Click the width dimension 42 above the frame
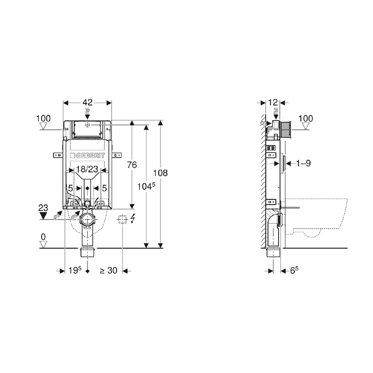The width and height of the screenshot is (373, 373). click(88, 102)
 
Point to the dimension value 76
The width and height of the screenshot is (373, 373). click(132, 165)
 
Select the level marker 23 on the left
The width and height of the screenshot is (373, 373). click(43, 208)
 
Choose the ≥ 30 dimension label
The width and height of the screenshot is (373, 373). click(108, 271)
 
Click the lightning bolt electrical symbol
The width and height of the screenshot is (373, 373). click(132, 219)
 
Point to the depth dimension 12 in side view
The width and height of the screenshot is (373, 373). click(273, 102)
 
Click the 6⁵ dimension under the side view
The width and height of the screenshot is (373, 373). click(294, 271)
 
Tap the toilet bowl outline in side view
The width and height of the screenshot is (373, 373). click(318, 217)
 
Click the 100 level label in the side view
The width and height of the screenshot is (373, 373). click(306, 118)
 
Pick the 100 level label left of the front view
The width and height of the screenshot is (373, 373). click(43, 118)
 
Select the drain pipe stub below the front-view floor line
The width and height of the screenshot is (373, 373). click(87, 252)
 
